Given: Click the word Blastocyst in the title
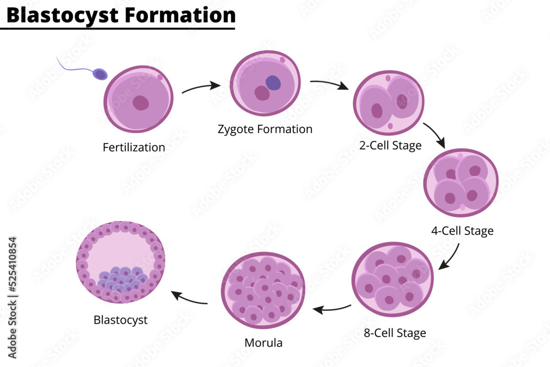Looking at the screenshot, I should pyautogui.click(x=62, y=15).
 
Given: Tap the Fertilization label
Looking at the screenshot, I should pyautogui.click(x=134, y=147).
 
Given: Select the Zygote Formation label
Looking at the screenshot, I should pyautogui.click(x=265, y=129).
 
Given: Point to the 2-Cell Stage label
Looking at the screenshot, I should pyautogui.click(x=390, y=146).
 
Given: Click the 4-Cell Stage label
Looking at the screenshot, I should pyautogui.click(x=462, y=231).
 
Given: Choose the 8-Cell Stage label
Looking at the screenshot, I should pyautogui.click(x=394, y=333).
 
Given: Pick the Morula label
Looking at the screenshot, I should pyautogui.click(x=263, y=343).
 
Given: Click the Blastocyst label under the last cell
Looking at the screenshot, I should pyautogui.click(x=120, y=320).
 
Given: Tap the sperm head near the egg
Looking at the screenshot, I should pyautogui.click(x=100, y=74).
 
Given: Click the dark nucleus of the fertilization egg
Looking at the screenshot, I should pyautogui.click(x=141, y=103).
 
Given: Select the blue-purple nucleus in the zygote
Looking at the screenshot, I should pyautogui.click(x=273, y=83).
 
